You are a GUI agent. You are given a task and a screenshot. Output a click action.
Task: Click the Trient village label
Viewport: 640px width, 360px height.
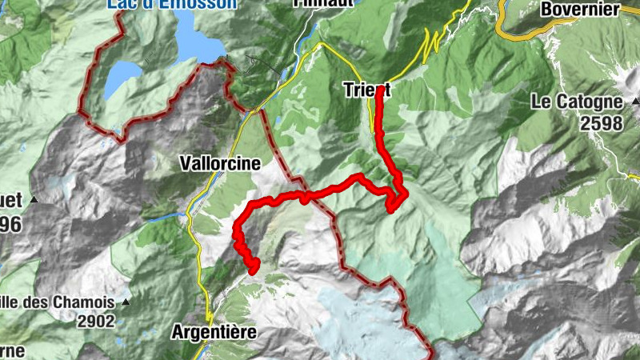click(x=366, y=88)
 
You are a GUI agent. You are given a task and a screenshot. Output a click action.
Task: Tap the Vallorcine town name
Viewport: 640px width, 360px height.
click(x=221, y=163)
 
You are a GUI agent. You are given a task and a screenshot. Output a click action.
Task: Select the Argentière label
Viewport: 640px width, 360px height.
click(x=214, y=331)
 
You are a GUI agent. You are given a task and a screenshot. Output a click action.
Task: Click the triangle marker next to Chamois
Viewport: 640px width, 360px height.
click(x=126, y=303)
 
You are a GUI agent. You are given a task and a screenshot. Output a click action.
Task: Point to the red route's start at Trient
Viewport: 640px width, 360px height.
click(x=379, y=90)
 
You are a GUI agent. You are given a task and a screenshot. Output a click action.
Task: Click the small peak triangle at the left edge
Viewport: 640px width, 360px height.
click(x=34, y=199)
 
